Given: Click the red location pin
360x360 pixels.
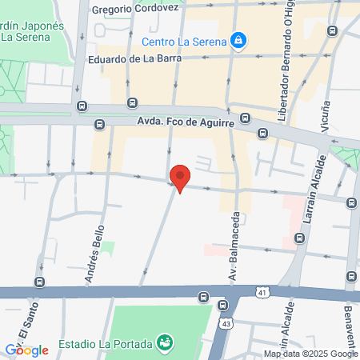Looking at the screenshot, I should tap(181, 177).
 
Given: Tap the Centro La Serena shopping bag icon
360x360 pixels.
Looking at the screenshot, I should tap(238, 39).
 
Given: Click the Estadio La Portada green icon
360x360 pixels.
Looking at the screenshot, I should tap(165, 342).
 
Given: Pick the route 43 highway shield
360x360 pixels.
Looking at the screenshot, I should tap(227, 322).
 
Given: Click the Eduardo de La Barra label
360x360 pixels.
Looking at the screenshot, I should tap(137, 58).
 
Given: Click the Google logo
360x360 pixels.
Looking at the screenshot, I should tap(26, 350).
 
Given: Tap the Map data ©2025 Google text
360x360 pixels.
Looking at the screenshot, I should tap(310, 354).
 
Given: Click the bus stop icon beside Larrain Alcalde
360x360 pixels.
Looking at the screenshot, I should tap(301, 238).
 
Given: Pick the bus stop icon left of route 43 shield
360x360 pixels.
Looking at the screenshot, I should tap(204, 298).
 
